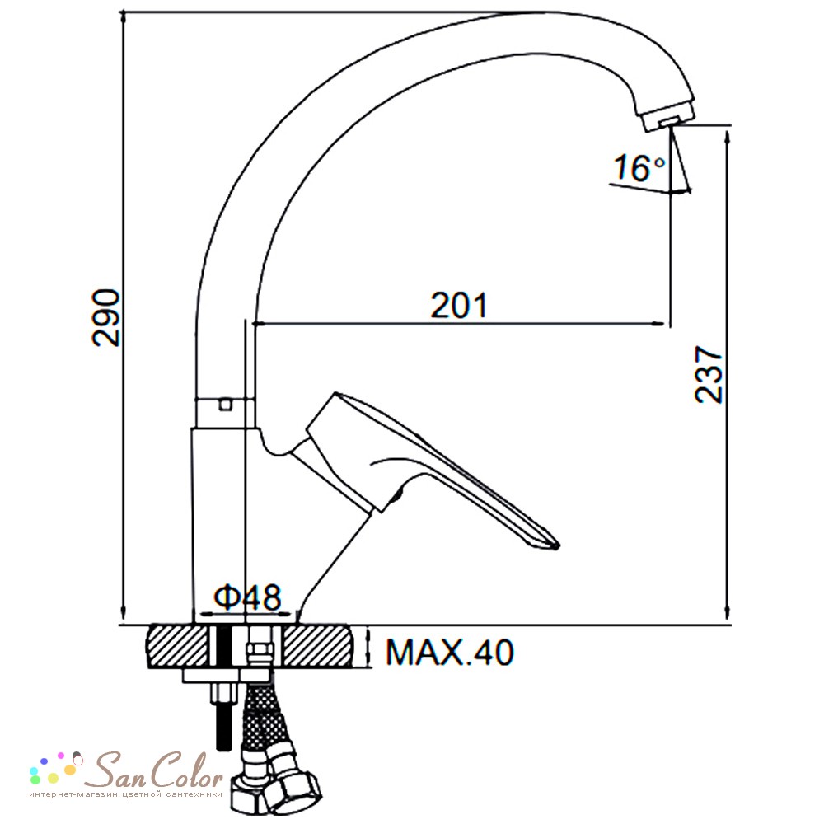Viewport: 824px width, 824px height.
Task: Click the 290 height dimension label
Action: pyautogui.click(x=106, y=317)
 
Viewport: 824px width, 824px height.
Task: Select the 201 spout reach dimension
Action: pyautogui.click(x=459, y=306)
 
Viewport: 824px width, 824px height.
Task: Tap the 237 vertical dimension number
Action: pyautogui.click(x=709, y=374)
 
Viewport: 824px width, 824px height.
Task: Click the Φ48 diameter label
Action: pyautogui.click(x=247, y=597)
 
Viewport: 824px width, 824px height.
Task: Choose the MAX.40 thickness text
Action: pyautogui.click(x=450, y=653)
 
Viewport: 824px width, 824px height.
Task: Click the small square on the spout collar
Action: pyautogui.click(x=227, y=404)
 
